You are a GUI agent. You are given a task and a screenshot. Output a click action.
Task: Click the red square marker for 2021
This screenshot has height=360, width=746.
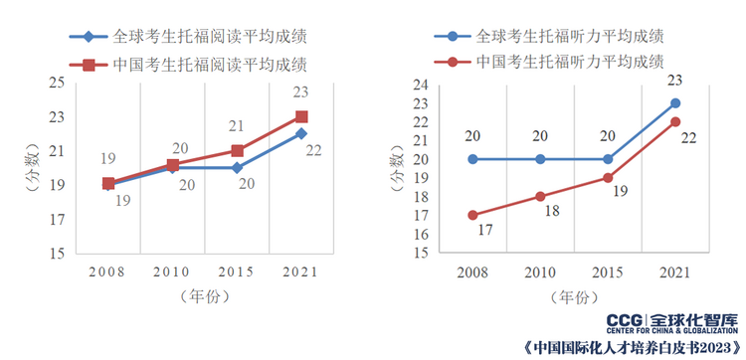[301, 116]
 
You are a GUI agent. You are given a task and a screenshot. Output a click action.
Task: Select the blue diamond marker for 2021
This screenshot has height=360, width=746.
[301, 133]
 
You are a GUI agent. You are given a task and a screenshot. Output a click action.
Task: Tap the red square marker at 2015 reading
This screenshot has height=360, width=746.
[237, 151]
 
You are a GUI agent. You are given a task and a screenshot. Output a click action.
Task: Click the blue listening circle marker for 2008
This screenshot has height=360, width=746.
[472, 159]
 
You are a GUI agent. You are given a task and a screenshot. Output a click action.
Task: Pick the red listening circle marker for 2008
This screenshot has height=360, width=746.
[472, 215]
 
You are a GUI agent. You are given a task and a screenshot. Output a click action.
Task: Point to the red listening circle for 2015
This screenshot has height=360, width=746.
[608, 178]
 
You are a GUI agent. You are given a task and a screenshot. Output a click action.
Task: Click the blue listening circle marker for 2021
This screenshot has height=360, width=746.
[675, 103]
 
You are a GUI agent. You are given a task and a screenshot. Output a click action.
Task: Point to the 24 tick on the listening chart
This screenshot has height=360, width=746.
[421, 85]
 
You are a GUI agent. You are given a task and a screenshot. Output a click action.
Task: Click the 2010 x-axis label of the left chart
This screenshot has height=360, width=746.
[172, 271]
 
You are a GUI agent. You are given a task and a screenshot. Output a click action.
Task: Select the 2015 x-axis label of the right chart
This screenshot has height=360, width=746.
[608, 271]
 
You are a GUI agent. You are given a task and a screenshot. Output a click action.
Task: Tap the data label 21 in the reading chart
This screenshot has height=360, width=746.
[236, 126]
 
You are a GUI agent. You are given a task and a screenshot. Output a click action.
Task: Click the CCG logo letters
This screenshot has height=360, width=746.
[627, 320]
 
